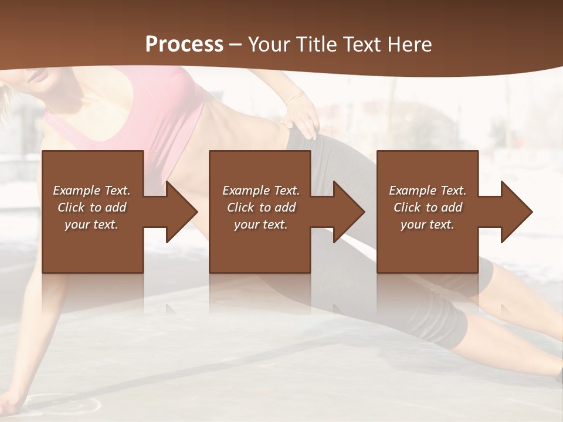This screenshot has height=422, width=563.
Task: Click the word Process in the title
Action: (x=184, y=44)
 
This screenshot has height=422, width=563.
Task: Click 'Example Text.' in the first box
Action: (x=91, y=190)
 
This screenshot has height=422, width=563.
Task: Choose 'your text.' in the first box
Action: (x=91, y=224)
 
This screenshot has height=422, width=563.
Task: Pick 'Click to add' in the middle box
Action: (x=261, y=207)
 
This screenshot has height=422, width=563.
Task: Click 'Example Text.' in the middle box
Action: (x=261, y=190)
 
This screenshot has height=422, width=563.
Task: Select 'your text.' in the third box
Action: (x=428, y=224)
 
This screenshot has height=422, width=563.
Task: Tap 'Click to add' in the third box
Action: (x=428, y=207)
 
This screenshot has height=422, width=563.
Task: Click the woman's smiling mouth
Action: (x=36, y=74)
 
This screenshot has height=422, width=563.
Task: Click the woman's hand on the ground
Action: (x=12, y=401)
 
